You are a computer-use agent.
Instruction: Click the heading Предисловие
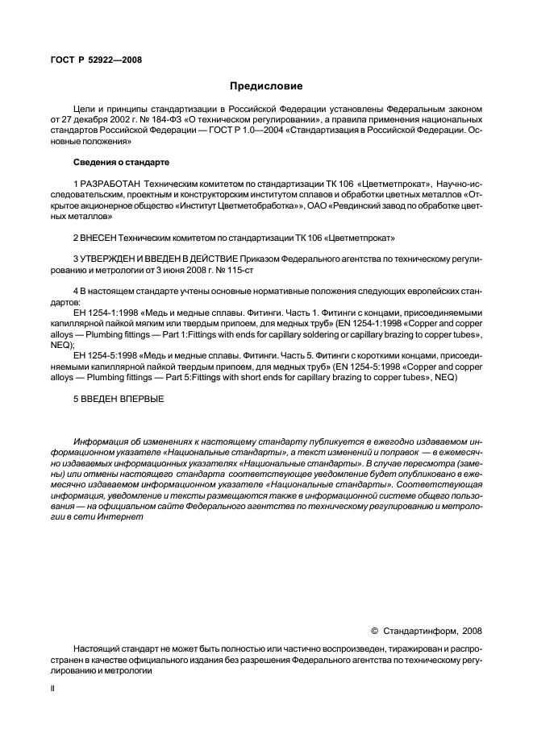tap(266, 85)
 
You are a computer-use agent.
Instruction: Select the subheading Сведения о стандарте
tap(121, 162)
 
